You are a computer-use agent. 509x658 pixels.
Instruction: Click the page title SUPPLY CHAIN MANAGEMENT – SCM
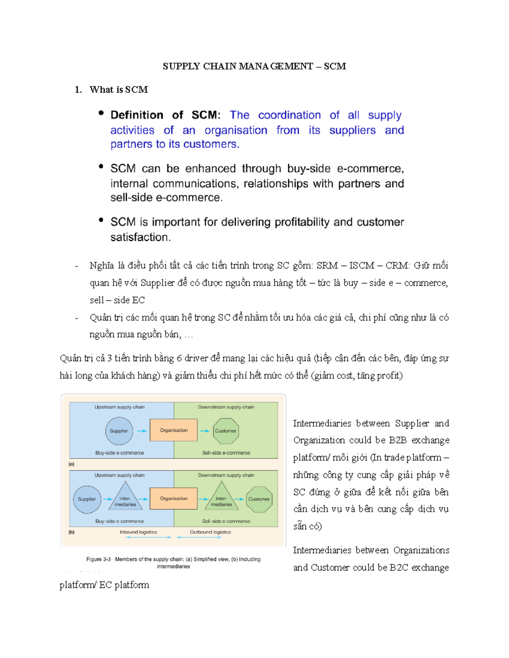(254, 66)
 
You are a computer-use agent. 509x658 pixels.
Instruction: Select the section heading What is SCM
(118, 89)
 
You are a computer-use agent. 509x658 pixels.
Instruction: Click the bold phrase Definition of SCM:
(165, 115)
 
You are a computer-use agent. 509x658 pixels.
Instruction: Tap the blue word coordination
(289, 115)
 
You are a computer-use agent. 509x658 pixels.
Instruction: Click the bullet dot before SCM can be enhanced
(101, 167)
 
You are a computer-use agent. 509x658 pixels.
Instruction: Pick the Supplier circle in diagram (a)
(119, 431)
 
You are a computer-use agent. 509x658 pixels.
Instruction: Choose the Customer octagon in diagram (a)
(225, 431)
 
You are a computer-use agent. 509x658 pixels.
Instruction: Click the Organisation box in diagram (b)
(173, 499)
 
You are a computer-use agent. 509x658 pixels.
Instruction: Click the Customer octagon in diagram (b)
(259, 499)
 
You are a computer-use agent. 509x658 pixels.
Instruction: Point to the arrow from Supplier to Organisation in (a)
(142, 431)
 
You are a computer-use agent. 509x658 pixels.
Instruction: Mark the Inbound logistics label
(138, 532)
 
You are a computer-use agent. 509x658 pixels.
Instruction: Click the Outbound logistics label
(210, 532)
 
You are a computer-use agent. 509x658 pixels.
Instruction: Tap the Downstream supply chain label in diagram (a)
(226, 407)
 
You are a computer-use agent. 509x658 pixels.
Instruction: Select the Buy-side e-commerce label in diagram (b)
(120, 521)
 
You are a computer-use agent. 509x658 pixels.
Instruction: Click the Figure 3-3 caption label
(98, 559)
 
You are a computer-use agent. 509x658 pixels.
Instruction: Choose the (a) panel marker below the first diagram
(71, 464)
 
